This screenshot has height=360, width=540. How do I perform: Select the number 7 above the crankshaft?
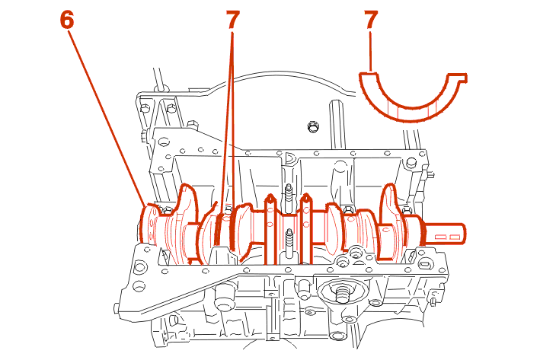pyautogui.click(x=232, y=20)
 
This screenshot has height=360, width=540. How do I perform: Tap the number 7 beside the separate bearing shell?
pyautogui.click(x=371, y=20)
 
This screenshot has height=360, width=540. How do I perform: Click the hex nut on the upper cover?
pyautogui.click(x=311, y=126)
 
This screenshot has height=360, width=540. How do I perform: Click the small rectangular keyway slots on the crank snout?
pyautogui.click(x=446, y=237)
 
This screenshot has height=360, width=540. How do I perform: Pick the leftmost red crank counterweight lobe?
pyautogui.click(x=186, y=221)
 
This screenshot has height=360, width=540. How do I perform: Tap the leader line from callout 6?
pyautogui.click(x=107, y=114)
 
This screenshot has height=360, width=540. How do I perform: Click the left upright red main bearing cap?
pyautogui.click(x=270, y=228)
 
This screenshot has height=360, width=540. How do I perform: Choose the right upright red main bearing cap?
pyautogui.click(x=305, y=228)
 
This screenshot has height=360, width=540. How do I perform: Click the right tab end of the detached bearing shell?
pyautogui.click(x=458, y=77)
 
